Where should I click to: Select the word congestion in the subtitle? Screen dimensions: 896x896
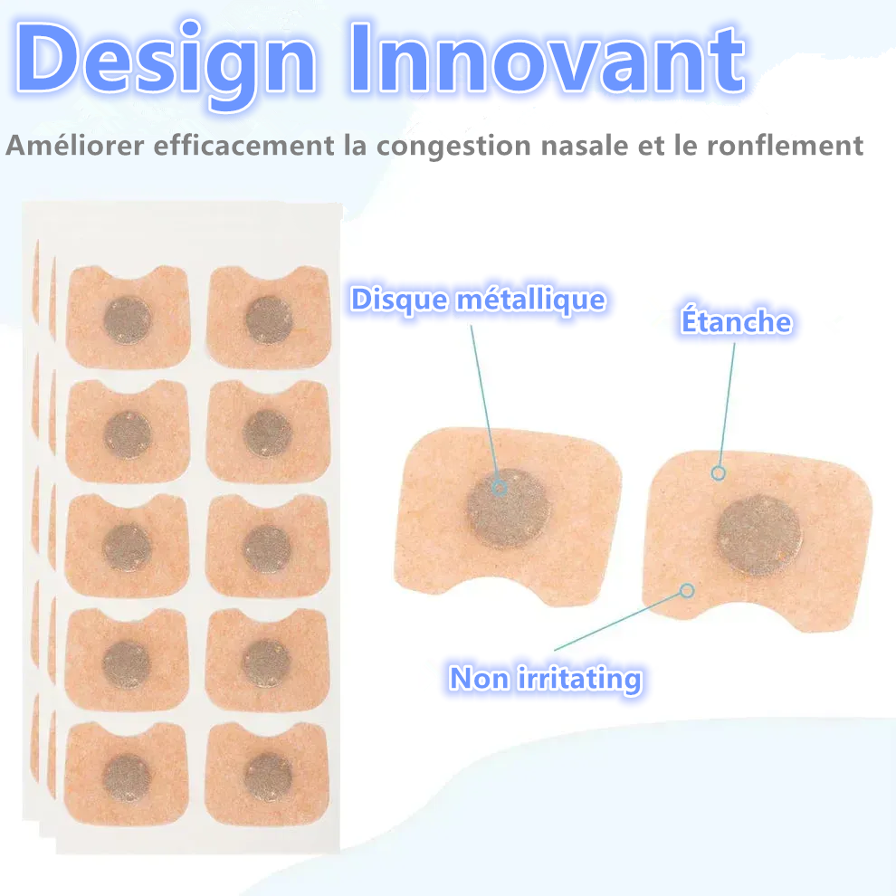(x=440, y=146)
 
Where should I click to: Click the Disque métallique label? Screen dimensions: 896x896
(x=478, y=300)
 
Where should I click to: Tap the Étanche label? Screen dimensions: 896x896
(x=735, y=322)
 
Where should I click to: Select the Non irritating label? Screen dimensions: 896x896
(x=545, y=678)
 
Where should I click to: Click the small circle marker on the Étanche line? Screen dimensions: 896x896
(x=718, y=472)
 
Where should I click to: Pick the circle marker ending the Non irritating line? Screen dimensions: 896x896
(x=687, y=591)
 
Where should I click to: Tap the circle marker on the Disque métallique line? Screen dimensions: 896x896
(x=499, y=487)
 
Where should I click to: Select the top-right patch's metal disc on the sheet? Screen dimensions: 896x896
(x=269, y=320)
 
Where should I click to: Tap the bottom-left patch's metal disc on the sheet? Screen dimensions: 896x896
(x=127, y=777)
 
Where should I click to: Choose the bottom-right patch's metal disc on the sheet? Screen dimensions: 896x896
(x=268, y=777)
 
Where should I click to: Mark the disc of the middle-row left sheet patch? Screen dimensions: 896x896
(x=127, y=548)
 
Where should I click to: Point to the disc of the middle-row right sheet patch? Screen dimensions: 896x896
(x=268, y=548)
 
